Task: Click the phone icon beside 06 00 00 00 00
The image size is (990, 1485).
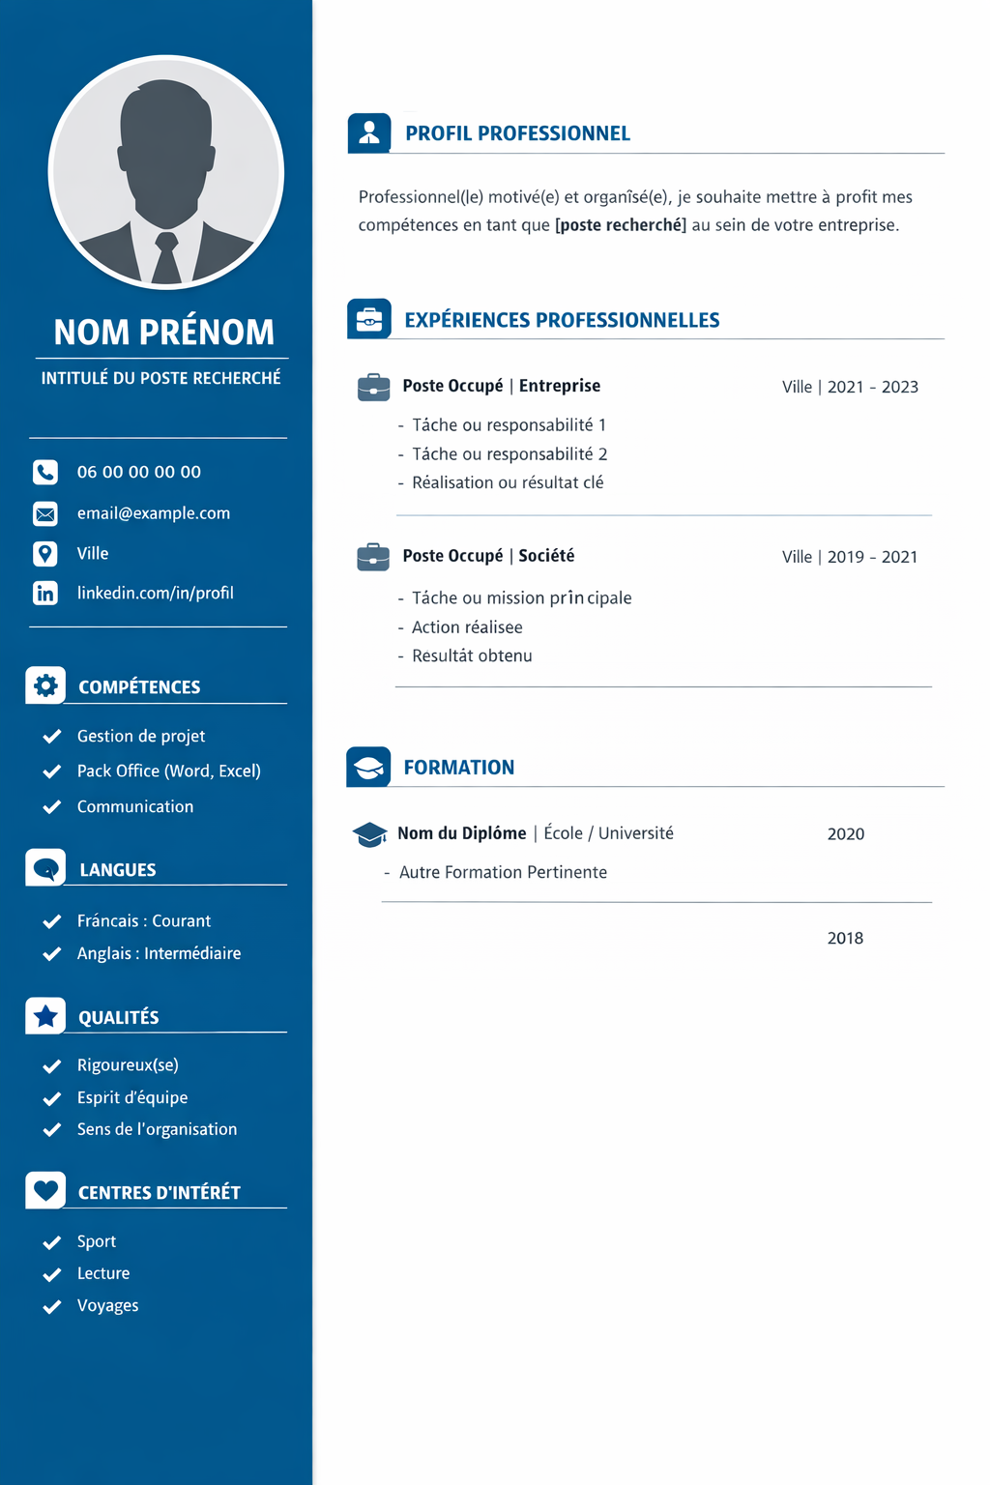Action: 45,472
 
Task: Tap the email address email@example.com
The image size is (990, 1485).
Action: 154,513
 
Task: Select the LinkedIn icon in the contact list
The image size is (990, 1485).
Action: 45,593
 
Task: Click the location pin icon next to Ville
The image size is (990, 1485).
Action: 45,553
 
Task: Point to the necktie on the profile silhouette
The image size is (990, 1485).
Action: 166,258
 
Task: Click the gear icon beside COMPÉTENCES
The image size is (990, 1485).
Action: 45,685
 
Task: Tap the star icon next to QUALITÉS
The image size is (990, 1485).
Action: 45,1016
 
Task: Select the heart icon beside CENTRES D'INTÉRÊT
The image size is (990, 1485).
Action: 45,1190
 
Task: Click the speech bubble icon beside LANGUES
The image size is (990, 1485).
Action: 45,868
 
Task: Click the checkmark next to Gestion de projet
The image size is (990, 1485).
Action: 52,737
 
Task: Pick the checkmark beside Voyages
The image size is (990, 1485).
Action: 52,1307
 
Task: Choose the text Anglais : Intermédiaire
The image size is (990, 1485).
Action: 160,953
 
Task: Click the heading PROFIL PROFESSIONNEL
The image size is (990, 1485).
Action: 517,133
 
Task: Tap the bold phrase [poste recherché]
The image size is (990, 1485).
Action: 621,225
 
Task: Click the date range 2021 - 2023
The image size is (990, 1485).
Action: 873,387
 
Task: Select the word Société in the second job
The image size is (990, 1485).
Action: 546,556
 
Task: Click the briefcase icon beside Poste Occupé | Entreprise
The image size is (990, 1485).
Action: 373,387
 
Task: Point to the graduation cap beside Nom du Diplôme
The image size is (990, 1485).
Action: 369,834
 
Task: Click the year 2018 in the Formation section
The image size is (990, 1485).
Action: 845,938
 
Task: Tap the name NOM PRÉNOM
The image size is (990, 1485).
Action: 164,333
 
